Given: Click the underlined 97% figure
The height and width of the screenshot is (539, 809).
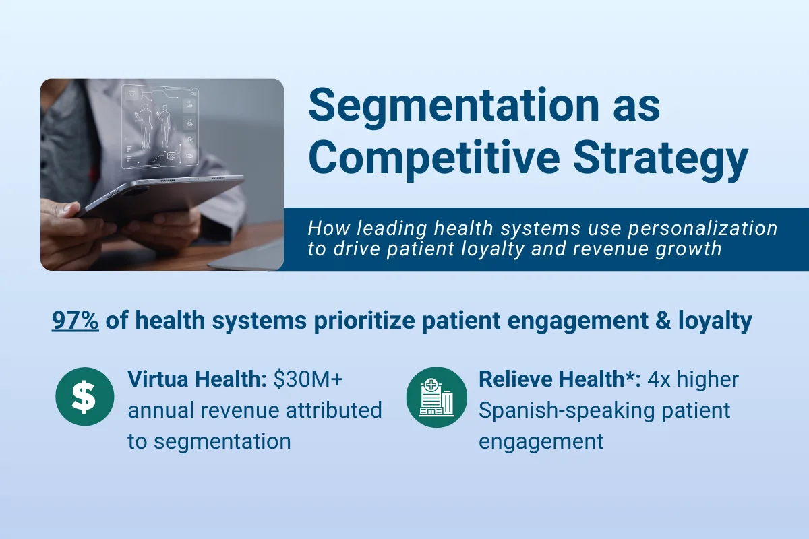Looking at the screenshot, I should point(76,321).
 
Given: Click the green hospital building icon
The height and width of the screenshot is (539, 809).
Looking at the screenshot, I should point(436,397).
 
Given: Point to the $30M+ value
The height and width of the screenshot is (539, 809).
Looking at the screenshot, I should point(308,379).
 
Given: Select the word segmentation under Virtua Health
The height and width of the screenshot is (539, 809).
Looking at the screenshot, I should point(224,441).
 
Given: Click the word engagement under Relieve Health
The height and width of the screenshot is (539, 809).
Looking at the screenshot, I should point(541,441).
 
